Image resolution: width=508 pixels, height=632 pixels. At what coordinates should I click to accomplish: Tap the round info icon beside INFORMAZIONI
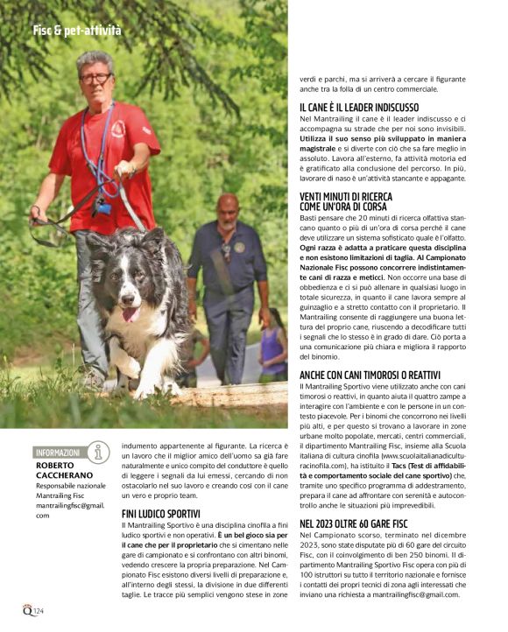pyautogui.click(x=99, y=452)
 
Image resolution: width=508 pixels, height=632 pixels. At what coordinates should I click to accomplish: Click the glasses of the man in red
pyautogui.click(x=96, y=79)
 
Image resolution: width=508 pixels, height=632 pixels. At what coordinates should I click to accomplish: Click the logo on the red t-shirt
pyautogui.click(x=121, y=130)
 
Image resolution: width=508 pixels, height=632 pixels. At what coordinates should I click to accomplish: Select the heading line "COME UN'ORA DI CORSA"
pyautogui.click(x=345, y=207)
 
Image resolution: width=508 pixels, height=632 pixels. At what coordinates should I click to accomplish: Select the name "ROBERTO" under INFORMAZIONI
pyautogui.click(x=56, y=467)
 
